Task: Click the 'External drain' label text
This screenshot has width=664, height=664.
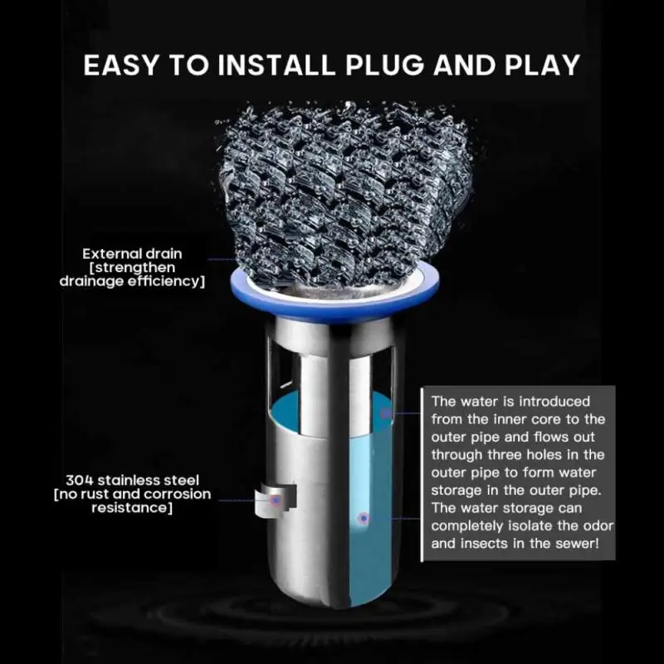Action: pyautogui.click(x=132, y=253)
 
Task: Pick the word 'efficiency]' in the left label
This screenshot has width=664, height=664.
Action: pyautogui.click(x=168, y=281)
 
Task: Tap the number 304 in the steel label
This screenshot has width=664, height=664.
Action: pyautogui.click(x=80, y=481)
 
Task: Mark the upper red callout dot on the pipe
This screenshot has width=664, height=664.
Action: pyautogui.click(x=385, y=413)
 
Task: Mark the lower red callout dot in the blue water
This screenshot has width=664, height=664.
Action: pyautogui.click(x=363, y=518)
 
